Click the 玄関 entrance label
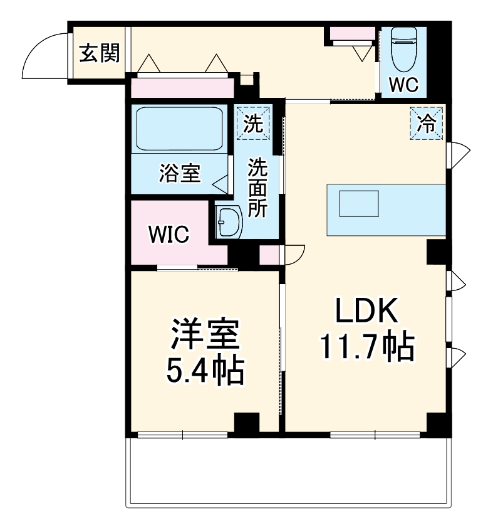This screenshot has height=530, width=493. coord(99,55)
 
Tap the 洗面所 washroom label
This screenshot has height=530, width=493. coord(257,188)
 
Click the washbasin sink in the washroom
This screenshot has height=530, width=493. coord(229,222)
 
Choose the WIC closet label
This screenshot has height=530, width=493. coord(169,235)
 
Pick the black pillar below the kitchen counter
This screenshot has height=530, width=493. coord(439,252)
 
